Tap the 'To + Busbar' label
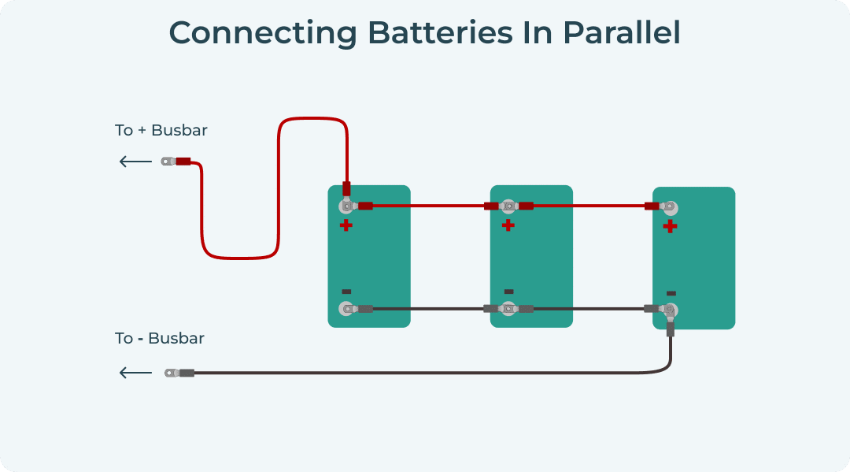coord(161,130)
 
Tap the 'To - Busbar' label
coord(160,338)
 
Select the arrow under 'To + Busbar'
coord(135,162)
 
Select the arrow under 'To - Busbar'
coord(135,373)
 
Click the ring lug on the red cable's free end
coord(167,162)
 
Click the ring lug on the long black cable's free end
coord(171,373)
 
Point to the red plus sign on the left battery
coord(346,225)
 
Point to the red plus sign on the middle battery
coord(508,225)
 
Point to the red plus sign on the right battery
coord(670,227)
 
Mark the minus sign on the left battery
coord(346,292)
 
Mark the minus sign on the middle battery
coord(508,292)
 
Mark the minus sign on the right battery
coord(671,293)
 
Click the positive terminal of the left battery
coord(346,206)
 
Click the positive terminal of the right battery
coord(670,207)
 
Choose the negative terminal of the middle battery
coord(508,308)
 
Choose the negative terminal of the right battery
coord(670,310)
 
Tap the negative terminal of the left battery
coord(346,308)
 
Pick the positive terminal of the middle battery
coord(508,206)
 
